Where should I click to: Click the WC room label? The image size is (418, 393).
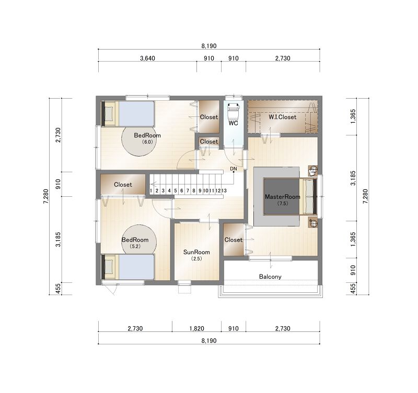pyautogui.click(x=233, y=123)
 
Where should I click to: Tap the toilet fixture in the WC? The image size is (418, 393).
pyautogui.click(x=233, y=111)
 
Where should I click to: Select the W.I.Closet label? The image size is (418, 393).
pyautogui.click(x=282, y=117)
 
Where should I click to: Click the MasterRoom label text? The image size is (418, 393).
pyautogui.click(x=282, y=197)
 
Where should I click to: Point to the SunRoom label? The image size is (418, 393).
pyautogui.click(x=196, y=252)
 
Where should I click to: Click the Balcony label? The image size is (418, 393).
pyautogui.click(x=270, y=277)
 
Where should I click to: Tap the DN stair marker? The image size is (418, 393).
pyautogui.click(x=233, y=169)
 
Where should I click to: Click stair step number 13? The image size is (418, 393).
pyautogui.click(x=224, y=190)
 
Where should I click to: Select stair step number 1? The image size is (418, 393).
pyautogui.click(x=151, y=190)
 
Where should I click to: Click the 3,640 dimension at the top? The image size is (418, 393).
pyautogui.click(x=147, y=58)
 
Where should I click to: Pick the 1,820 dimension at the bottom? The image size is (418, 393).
pyautogui.click(x=197, y=328)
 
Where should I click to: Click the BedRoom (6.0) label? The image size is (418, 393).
pyautogui.click(x=147, y=138)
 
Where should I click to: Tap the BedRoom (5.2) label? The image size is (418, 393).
pyautogui.click(x=135, y=243)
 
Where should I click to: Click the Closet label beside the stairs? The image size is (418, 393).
pyautogui.click(x=123, y=185)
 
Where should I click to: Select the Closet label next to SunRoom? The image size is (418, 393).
pyautogui.click(x=233, y=240)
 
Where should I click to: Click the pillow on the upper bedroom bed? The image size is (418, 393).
pyautogui.click(x=109, y=114)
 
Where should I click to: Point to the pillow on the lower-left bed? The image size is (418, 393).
pyautogui.click(x=109, y=267)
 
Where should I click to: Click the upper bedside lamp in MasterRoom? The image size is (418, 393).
pyautogui.click(x=313, y=171)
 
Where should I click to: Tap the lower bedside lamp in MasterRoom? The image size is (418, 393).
pyautogui.click(x=313, y=222)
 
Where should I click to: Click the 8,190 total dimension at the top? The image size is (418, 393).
pyautogui.click(x=209, y=46)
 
